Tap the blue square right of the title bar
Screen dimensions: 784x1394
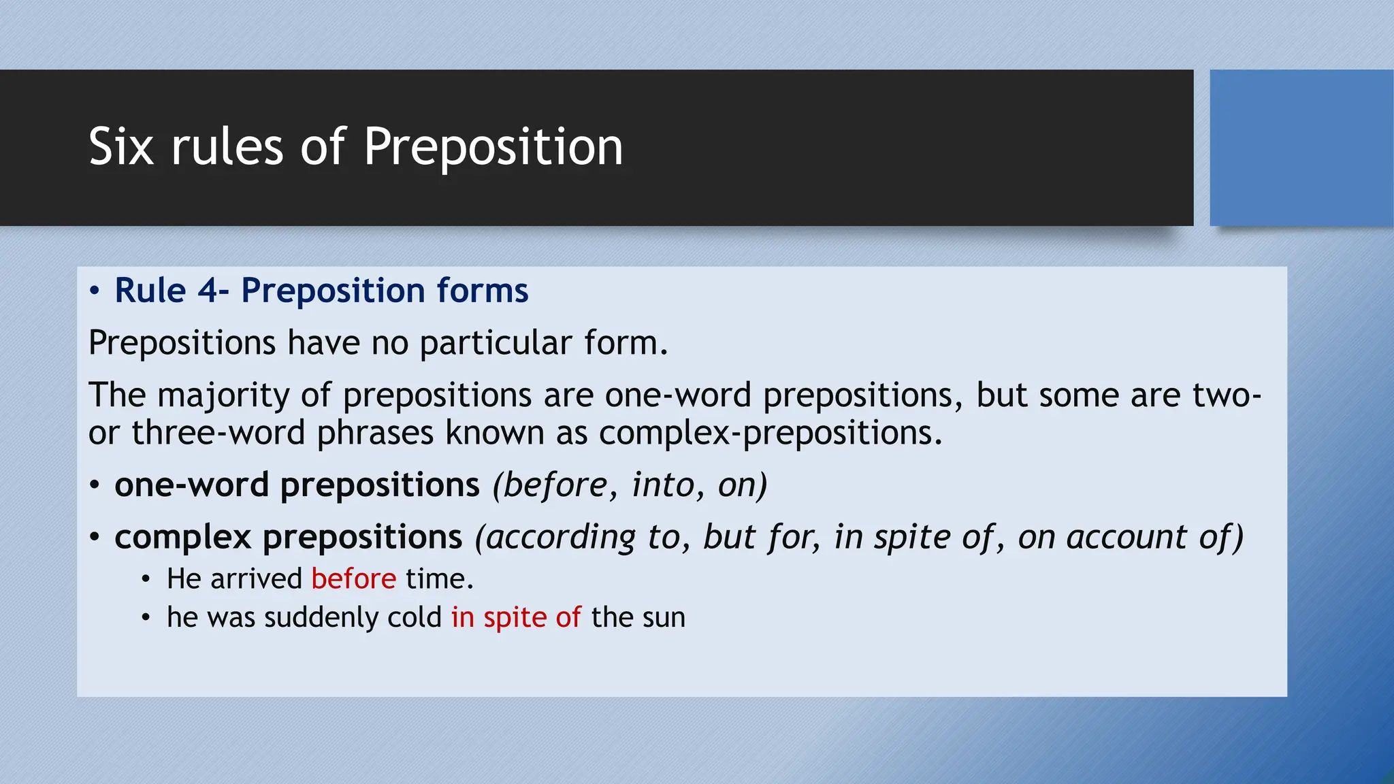1301,148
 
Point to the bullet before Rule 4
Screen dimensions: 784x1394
95,292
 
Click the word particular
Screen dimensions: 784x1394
496,342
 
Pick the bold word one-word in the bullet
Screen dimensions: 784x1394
191,485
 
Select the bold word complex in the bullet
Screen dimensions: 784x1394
183,537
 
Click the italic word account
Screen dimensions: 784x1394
1126,537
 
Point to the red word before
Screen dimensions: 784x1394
353,579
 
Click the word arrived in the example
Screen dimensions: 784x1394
257,579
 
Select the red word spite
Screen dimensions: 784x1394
515,618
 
